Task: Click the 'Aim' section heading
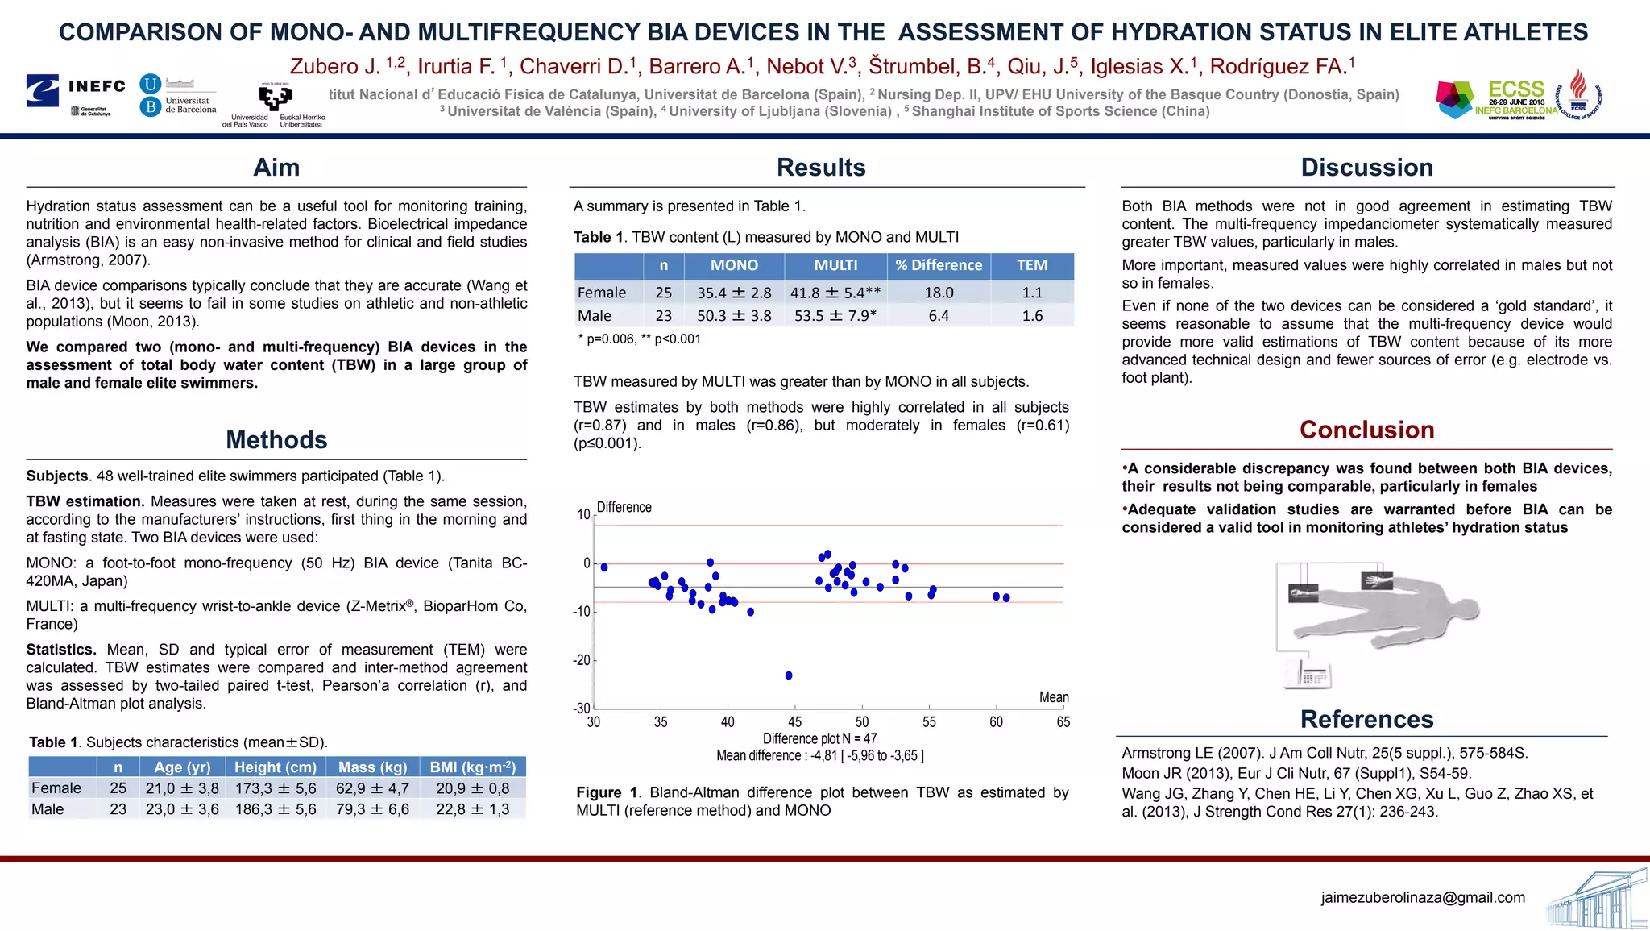click(x=276, y=168)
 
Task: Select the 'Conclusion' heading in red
click(x=1366, y=430)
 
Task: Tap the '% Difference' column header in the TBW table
click(x=939, y=265)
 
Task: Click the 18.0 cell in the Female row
click(x=939, y=293)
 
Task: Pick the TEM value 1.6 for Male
click(x=1032, y=316)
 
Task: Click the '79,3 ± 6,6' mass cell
click(x=372, y=809)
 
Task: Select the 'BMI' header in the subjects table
click(x=472, y=767)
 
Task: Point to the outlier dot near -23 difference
click(x=789, y=675)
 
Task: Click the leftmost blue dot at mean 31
click(x=604, y=567)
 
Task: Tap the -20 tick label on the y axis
click(x=582, y=660)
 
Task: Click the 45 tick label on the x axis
click(x=794, y=722)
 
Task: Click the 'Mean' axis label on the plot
click(x=1054, y=697)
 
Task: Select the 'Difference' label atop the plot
click(x=624, y=507)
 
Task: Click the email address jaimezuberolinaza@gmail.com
click(x=1423, y=897)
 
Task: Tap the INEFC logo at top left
click(x=77, y=90)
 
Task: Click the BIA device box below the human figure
click(x=1307, y=675)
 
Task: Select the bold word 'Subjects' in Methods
click(x=56, y=476)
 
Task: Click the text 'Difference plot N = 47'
click(x=819, y=738)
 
